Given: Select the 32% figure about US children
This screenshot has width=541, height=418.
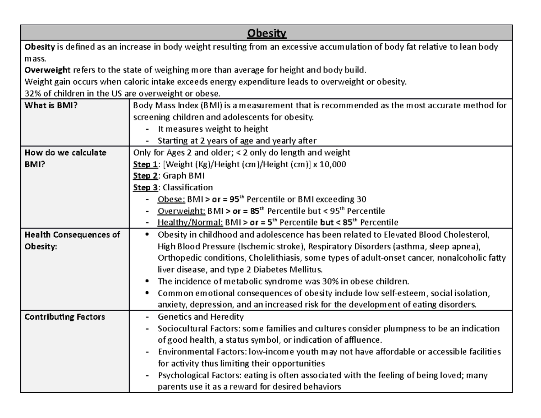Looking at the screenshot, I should [x=32, y=93].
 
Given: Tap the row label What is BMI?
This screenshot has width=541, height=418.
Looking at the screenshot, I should [x=47, y=106].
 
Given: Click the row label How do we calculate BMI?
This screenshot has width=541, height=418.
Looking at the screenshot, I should [x=65, y=152].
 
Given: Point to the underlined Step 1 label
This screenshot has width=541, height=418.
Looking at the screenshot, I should [x=145, y=165].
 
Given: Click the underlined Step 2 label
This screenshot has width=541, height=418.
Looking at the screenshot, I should [x=145, y=176].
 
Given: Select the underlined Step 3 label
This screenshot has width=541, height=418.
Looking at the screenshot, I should [x=145, y=188].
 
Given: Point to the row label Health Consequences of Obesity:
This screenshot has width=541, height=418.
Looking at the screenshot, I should [x=72, y=234].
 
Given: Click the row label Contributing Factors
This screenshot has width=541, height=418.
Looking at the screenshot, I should [x=65, y=317].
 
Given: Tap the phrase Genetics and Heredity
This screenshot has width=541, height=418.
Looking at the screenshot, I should [x=201, y=317].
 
